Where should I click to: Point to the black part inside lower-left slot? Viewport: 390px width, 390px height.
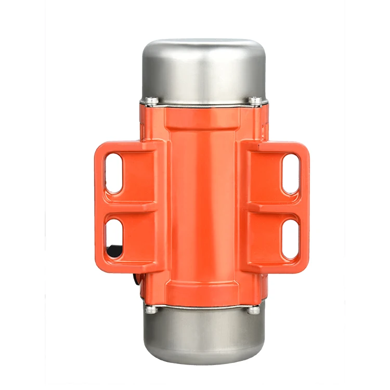112,252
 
